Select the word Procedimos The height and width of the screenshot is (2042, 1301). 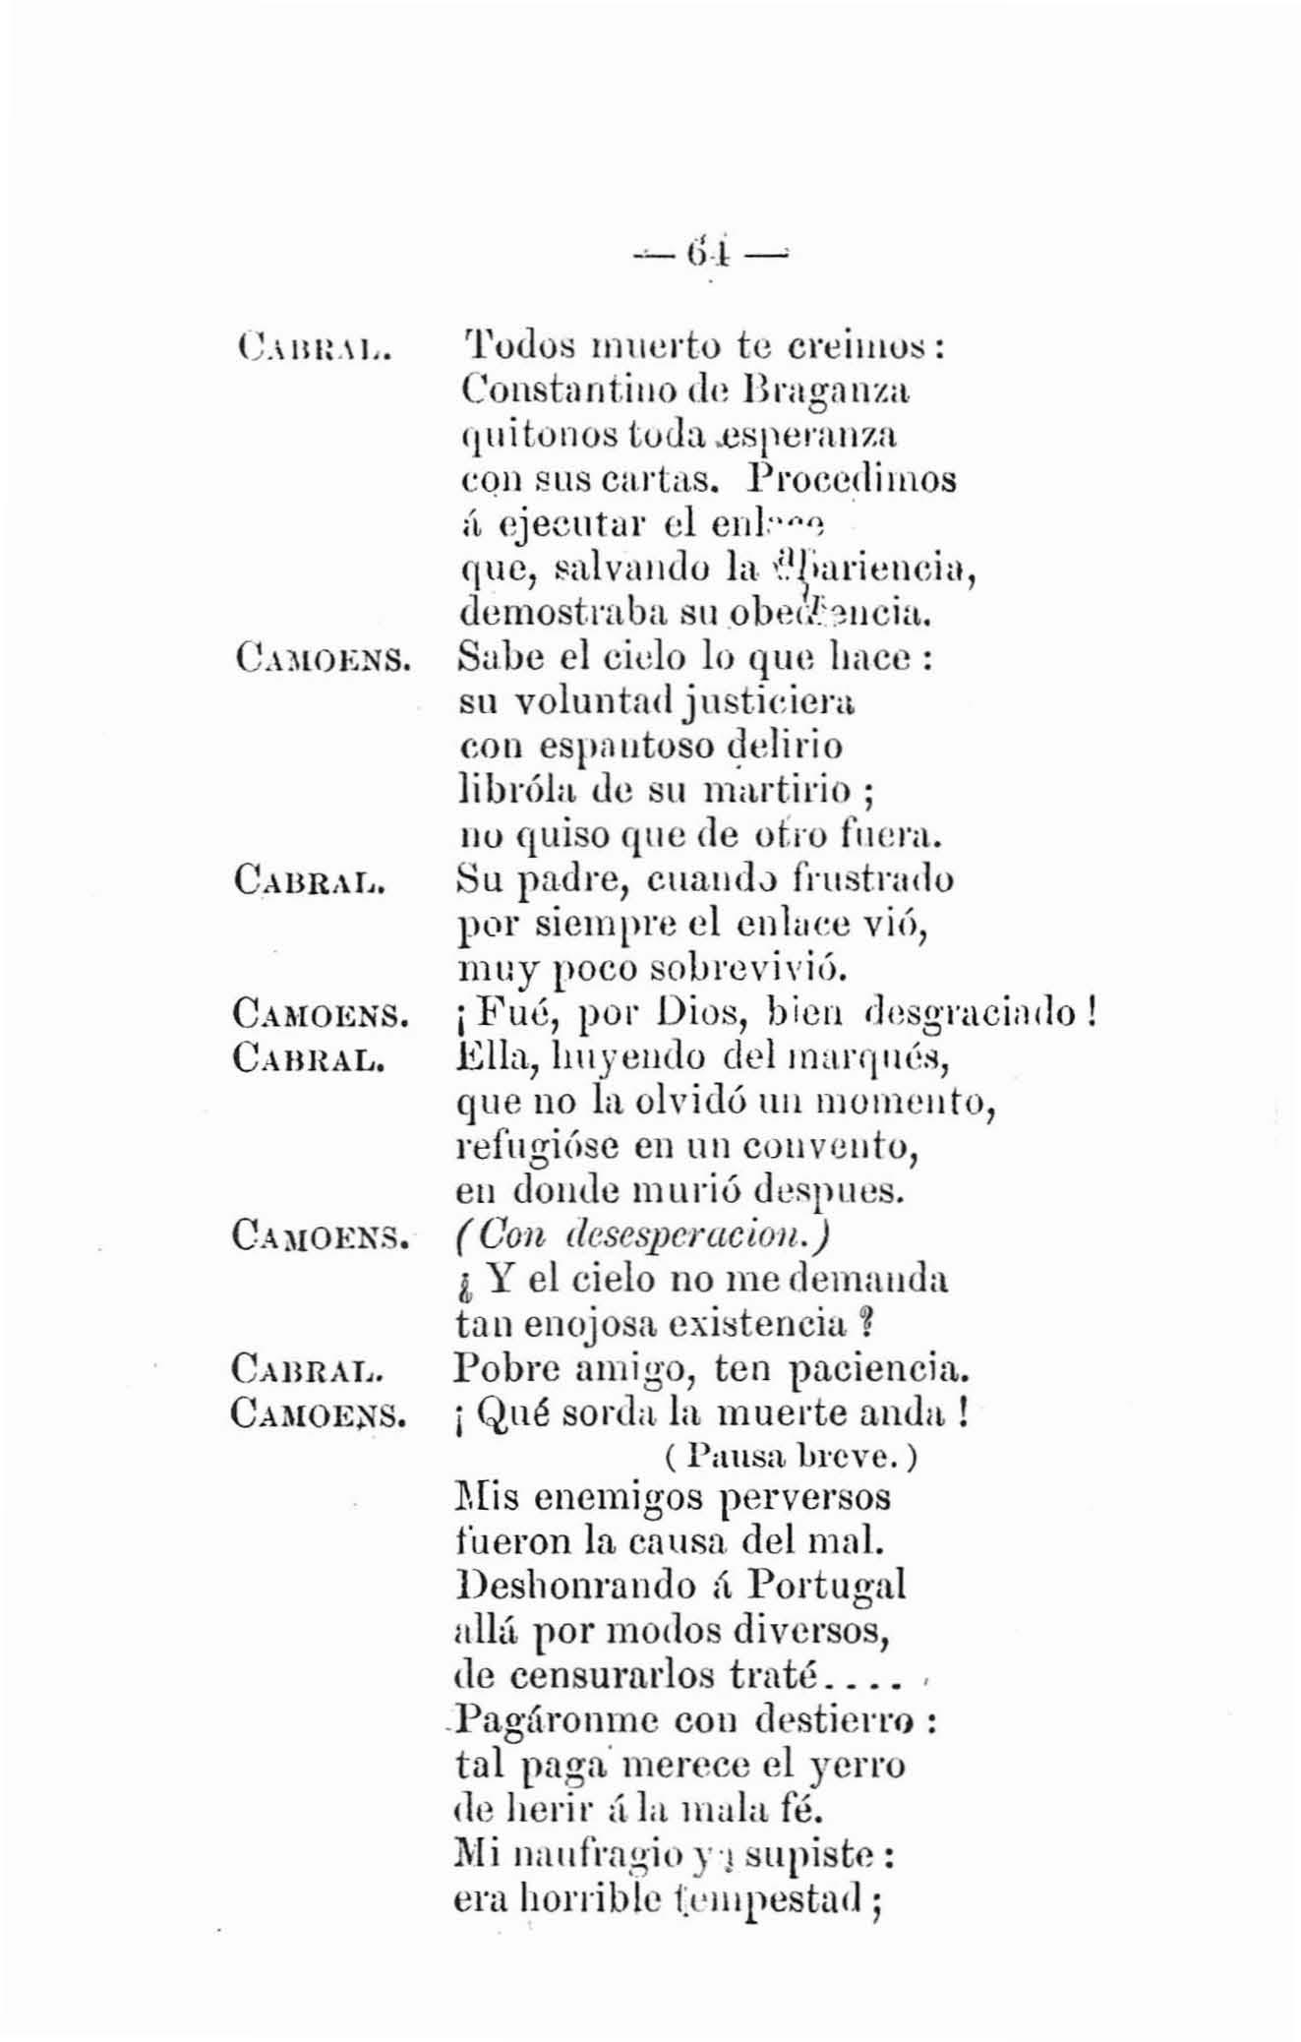(852, 479)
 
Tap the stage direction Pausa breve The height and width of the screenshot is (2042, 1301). (792, 1456)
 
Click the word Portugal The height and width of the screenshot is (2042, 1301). (826, 1585)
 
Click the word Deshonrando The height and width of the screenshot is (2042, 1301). (571, 1585)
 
